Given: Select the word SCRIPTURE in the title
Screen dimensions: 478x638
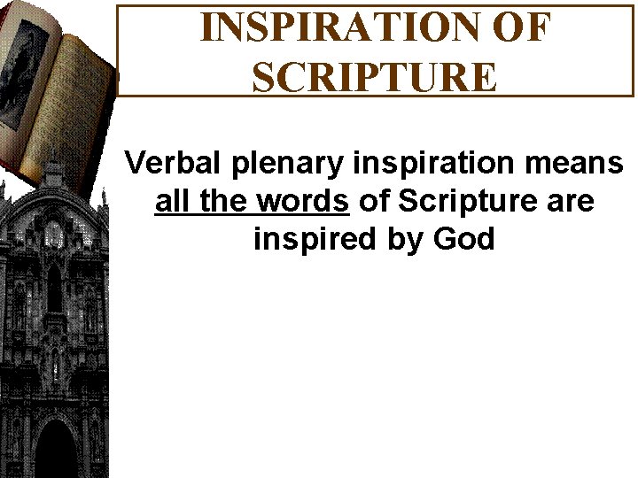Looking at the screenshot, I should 375,76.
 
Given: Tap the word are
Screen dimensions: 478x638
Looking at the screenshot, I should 570,203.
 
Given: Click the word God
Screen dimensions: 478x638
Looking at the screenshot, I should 462,239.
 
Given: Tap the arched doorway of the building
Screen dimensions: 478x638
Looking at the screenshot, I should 56,447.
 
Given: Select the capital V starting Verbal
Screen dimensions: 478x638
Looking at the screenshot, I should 135,163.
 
